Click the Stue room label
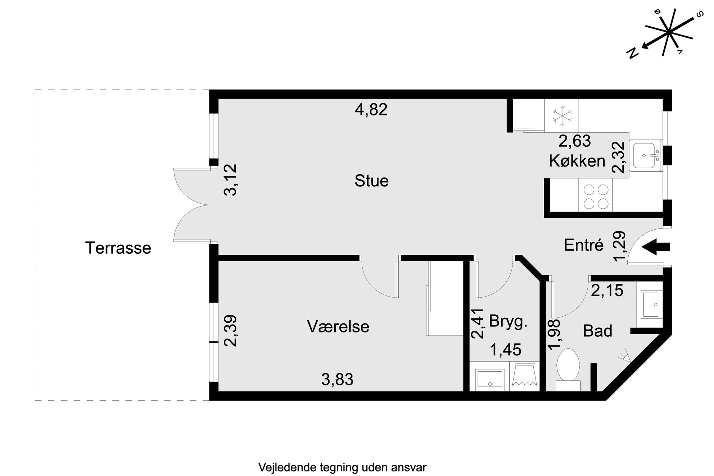coord(371,181)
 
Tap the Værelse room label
coord(338,327)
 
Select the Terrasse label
coord(118,248)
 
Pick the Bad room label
coord(597,331)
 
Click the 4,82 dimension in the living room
coord(371,109)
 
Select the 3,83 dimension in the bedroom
coord(337,379)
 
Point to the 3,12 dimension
coord(230,180)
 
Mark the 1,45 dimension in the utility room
coord(506,350)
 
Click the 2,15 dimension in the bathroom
coord(607,290)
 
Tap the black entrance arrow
coord(656,247)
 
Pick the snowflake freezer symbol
coord(562,116)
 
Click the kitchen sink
coord(647,156)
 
